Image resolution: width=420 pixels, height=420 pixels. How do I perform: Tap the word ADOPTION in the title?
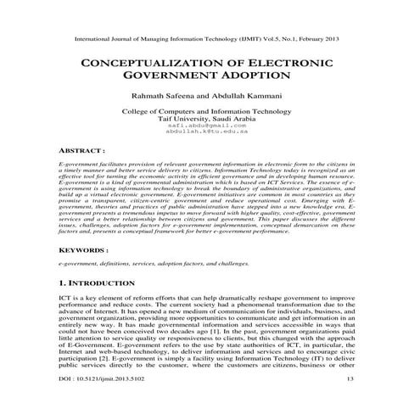tap(254, 77)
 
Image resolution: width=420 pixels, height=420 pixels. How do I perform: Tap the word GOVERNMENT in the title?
tap(176, 77)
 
